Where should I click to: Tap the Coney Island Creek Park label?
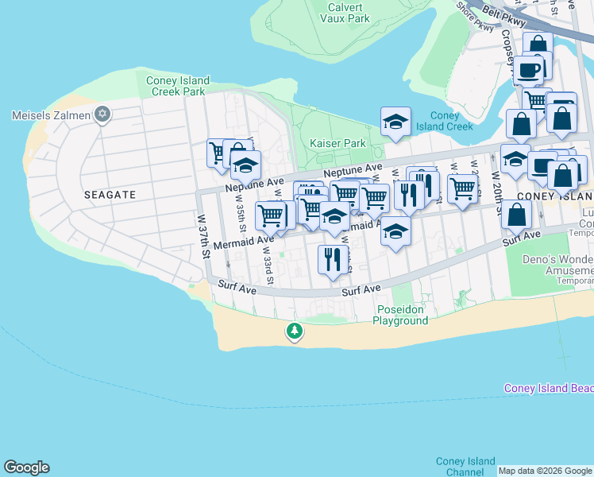[x=178, y=86]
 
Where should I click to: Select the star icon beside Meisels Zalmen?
[x=102, y=115]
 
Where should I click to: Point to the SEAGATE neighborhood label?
[x=110, y=194]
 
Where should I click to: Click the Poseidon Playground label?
[x=402, y=315]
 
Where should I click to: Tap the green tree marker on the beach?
[x=295, y=331]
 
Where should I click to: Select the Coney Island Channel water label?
[x=465, y=467]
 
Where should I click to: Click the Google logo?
[x=26, y=467]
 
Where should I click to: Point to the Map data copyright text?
[x=545, y=471]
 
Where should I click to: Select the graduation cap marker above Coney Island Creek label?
[x=395, y=121]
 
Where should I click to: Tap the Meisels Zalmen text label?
[x=52, y=115]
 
